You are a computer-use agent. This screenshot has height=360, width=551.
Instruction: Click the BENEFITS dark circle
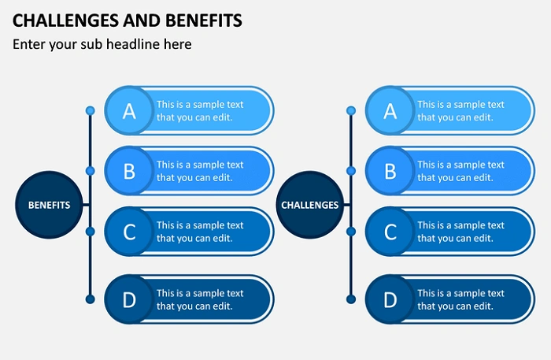[49, 205]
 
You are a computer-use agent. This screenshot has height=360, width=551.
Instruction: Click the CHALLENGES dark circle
[310, 205]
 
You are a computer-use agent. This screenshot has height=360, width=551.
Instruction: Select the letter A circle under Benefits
[129, 111]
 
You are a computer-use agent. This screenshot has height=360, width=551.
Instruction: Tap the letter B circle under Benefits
[129, 171]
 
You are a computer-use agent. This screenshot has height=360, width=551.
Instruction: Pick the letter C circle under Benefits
[129, 232]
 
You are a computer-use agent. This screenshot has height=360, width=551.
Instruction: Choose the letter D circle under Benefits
[129, 299]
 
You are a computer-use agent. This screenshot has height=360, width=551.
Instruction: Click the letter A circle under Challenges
[390, 111]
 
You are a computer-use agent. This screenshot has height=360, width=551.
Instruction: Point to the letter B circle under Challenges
[390, 171]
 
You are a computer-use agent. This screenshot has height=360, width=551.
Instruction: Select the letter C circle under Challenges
[390, 232]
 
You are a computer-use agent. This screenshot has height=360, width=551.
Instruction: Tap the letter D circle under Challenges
[390, 299]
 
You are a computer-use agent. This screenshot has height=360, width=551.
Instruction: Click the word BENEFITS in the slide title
[202, 20]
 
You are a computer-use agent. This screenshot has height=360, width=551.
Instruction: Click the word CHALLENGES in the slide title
[63, 20]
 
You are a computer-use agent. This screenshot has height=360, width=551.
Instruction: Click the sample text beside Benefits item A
[200, 111]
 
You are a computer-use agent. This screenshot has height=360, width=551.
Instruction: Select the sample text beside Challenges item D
[460, 299]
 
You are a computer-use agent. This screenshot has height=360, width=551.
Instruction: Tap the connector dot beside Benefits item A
[90, 110]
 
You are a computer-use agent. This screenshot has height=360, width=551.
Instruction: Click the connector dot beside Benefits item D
[90, 299]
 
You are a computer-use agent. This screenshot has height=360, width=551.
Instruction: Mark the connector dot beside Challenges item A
[351, 110]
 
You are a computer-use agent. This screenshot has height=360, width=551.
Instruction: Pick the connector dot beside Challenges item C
[351, 231]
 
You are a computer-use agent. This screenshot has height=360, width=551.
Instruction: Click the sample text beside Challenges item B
[460, 171]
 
